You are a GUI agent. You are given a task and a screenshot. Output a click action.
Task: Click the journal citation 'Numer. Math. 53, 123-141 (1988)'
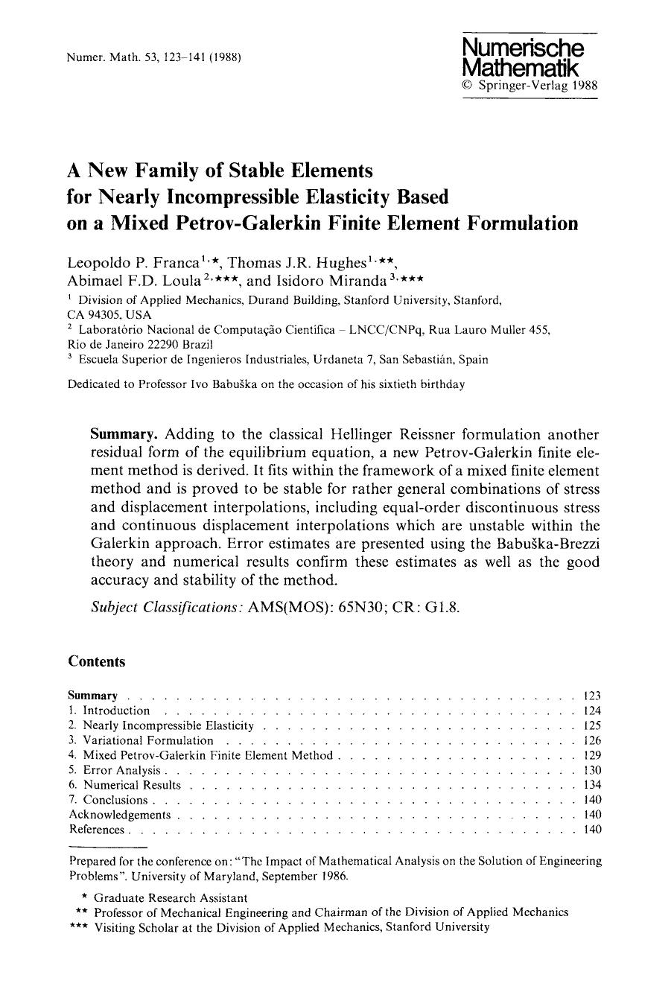coord(153,57)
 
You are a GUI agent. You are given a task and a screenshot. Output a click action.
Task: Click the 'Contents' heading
coord(97,661)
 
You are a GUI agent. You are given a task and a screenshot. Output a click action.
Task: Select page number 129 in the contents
coord(592,756)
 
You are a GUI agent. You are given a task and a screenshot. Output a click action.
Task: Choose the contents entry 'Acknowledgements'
coord(120,815)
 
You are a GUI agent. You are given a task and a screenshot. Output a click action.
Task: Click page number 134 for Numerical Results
coord(592,785)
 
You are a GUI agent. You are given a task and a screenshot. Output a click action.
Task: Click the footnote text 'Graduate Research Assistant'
coord(171,897)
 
